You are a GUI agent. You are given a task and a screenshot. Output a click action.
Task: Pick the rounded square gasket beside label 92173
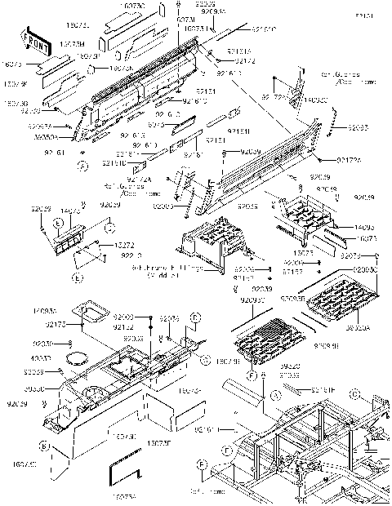(92, 311)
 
